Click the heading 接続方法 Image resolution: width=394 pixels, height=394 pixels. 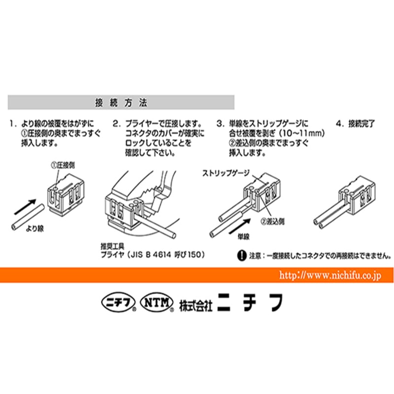point(120,103)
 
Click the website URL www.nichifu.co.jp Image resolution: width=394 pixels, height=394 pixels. point(329,276)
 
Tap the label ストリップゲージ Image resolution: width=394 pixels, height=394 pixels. point(226,173)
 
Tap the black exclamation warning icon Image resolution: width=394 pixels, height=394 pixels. point(242,256)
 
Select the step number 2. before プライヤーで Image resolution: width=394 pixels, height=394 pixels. point(116,123)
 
